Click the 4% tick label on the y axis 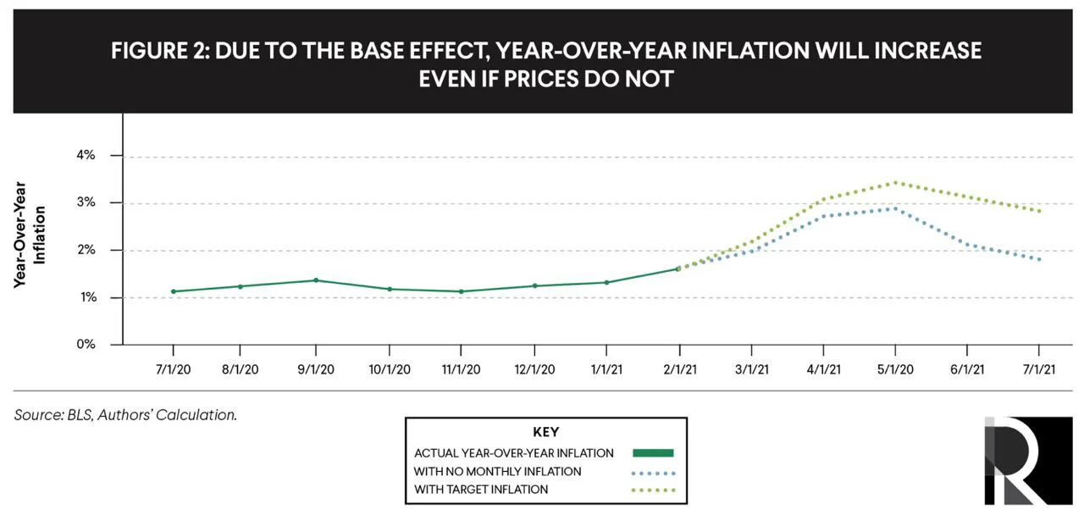coord(86,155)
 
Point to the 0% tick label coord(86,344)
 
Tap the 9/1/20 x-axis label coord(316,369)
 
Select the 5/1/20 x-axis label coord(895,369)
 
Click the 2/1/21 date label coord(680,369)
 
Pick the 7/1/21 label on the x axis coord(1038,369)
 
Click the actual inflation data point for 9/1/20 coord(316,280)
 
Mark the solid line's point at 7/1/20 coord(174,291)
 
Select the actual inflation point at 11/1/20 coord(461,291)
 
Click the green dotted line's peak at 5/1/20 coord(895,182)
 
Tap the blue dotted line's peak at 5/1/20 coord(895,208)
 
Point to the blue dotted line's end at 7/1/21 coord(1039,259)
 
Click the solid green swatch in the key coord(653,453)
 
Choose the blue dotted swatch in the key coord(653,473)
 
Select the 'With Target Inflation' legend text coord(481,490)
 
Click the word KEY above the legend coord(546,432)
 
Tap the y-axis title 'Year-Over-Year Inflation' coord(29,235)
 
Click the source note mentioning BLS coord(125,415)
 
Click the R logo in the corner coord(1028,460)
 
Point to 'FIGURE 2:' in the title coord(160,50)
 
